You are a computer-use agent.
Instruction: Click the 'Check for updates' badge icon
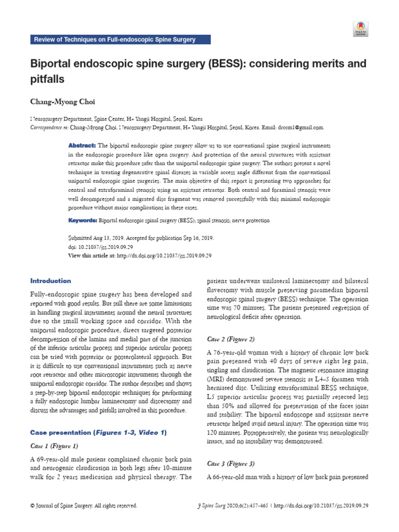pos(361,28)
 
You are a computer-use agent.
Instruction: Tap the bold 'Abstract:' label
pos(82,145)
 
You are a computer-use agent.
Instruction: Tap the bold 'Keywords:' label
pos(83,220)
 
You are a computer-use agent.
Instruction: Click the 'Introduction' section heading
pos(51,281)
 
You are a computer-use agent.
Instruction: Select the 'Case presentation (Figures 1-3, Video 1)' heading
pos(98,433)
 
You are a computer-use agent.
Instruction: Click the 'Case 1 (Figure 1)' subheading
pos(54,446)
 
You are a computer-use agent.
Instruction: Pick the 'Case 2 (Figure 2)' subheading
pos(231,339)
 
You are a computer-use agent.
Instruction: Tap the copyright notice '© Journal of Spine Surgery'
pos(83,506)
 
